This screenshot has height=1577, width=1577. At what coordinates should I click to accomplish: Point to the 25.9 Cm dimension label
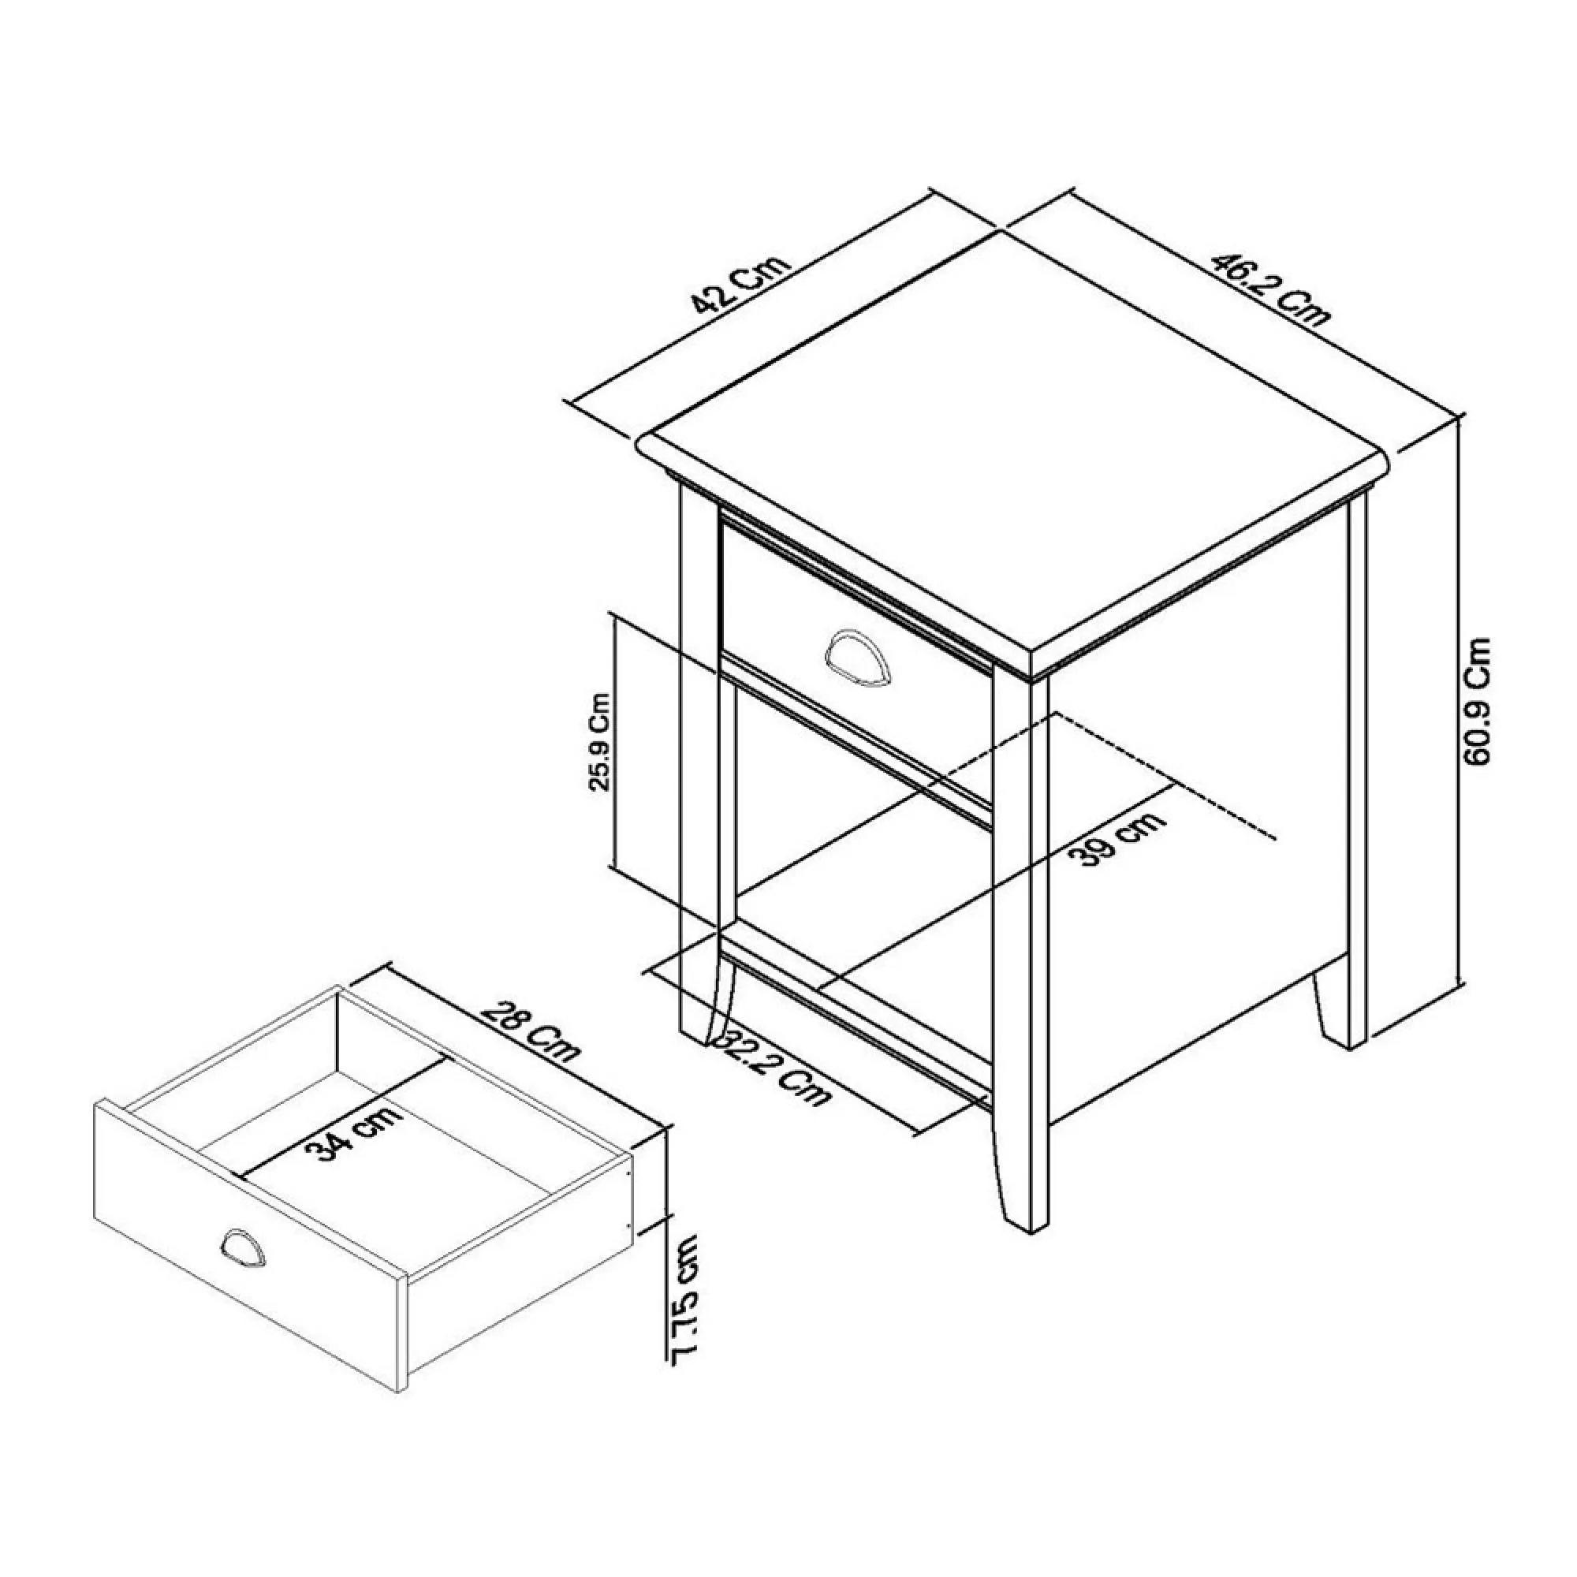click(600, 743)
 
